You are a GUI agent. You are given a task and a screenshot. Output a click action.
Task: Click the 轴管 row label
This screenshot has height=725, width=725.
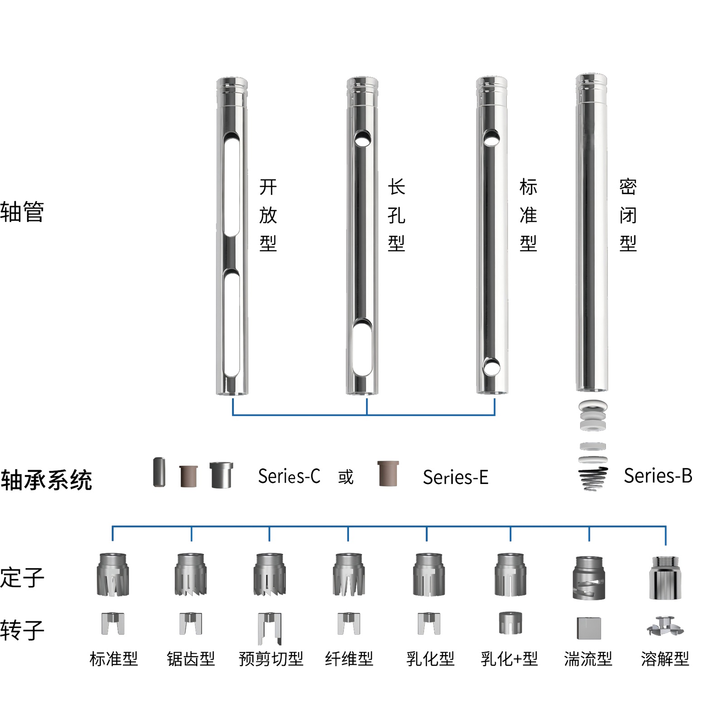pos(22,212)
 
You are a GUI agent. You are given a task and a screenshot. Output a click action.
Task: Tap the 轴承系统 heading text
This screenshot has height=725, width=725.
pos(46,480)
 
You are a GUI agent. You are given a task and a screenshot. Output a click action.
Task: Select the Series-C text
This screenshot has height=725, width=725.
pos(289,476)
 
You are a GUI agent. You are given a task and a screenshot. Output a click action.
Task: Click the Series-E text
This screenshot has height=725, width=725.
pos(455,477)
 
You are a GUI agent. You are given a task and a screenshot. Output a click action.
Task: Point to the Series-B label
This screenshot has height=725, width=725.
pos(657,476)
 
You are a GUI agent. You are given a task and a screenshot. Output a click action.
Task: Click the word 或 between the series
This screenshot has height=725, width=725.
pos(345,477)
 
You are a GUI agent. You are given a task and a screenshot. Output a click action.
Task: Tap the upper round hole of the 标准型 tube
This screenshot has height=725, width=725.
pos(491,137)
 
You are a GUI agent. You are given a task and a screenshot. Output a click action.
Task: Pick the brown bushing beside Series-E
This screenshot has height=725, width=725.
pos(388,474)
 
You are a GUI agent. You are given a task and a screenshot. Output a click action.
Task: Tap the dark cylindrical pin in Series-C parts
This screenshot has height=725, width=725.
pos(159,472)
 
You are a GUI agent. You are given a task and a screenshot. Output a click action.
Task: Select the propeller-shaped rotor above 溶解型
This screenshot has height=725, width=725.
pos(665,627)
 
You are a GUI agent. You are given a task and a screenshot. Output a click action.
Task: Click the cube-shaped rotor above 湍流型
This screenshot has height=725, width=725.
pos(589,628)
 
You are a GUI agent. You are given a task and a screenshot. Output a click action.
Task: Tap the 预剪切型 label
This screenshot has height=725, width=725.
pos(271,658)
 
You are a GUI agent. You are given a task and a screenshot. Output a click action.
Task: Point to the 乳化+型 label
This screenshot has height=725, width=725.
pos(509,658)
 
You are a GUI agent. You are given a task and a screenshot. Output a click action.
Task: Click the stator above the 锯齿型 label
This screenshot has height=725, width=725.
pos(191,574)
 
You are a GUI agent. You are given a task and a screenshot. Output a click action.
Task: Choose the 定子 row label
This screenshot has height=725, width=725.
pos(22,578)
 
